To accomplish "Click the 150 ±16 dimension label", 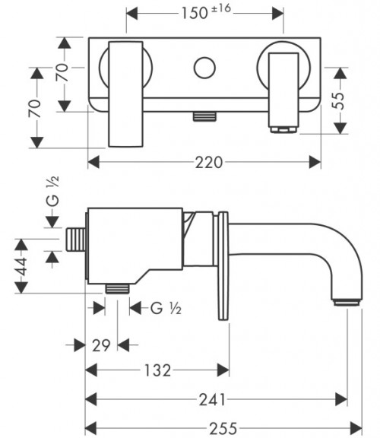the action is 206,12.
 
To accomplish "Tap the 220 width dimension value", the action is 209,162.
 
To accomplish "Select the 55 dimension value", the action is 339,100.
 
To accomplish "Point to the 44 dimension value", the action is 21,266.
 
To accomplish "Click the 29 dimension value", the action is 101,345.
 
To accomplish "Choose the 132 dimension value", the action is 157,370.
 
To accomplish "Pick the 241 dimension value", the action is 212,399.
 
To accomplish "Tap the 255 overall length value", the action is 223,428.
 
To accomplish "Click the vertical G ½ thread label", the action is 52,191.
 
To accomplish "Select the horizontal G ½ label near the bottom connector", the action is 166,308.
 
